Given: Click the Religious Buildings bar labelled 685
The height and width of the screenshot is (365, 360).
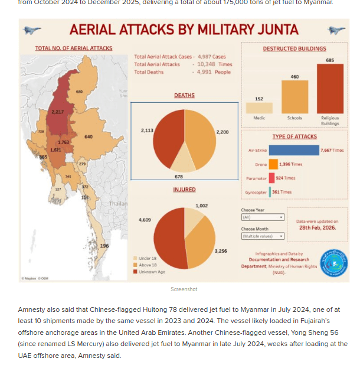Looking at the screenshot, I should click(330, 89).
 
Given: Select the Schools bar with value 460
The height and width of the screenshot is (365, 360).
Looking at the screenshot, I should click(294, 97).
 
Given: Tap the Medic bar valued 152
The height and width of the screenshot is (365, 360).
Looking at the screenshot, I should click(259, 108).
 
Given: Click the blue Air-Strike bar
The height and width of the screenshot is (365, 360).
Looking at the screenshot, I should click(294, 151).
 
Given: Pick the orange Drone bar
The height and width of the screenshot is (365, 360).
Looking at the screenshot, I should click(273, 164).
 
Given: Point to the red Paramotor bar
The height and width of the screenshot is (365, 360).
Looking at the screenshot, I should click(271, 178).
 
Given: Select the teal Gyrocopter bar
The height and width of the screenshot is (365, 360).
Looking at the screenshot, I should click(270, 192).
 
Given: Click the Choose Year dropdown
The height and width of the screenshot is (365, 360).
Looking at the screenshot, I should click(263, 217).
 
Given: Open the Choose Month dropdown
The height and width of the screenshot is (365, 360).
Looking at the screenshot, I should click(263, 236).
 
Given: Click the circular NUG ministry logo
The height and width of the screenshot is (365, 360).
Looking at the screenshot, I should click(333, 262).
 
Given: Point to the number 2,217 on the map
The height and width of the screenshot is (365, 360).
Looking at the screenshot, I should click(58, 112).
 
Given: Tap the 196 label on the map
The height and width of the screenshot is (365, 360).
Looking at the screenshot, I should click(104, 246).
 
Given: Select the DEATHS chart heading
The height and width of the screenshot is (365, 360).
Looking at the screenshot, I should click(184, 95).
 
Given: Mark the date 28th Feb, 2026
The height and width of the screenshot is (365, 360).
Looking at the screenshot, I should click(318, 227).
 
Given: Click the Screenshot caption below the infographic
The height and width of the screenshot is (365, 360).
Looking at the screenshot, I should click(184, 289).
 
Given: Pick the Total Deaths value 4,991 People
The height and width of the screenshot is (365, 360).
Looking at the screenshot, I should click(214, 72).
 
